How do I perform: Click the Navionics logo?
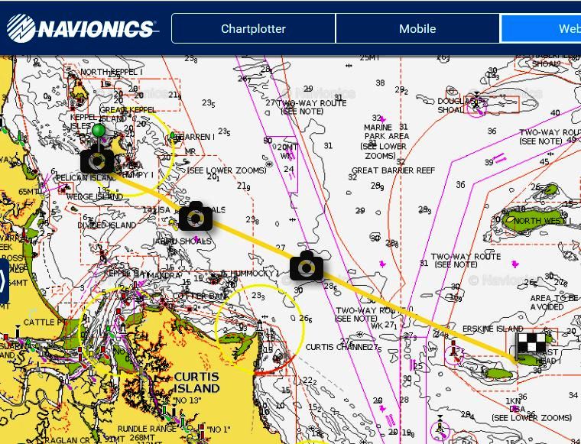82,28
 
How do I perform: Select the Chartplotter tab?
253,29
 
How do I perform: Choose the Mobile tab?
417,29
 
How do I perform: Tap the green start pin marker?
98,131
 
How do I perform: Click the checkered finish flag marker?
531,343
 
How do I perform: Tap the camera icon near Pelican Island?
97,160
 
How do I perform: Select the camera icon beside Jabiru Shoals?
195,218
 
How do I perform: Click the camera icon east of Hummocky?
307,267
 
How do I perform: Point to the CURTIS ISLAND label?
196,382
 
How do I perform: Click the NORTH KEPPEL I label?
111,73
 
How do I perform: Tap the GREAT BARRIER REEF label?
393,170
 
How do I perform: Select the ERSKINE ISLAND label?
492,329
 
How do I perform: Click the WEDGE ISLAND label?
94,196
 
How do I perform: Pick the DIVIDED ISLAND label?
107,225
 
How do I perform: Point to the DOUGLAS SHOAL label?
451,105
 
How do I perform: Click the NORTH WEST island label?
537,221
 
